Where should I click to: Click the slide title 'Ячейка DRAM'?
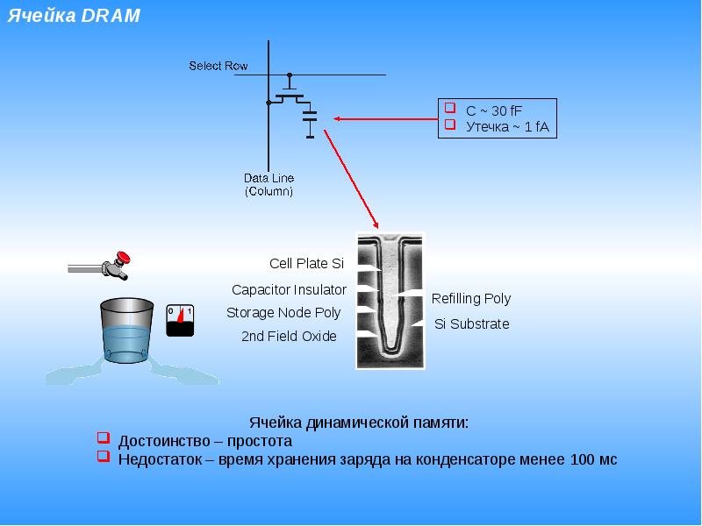pos(74,16)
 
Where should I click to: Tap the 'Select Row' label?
pos(218,66)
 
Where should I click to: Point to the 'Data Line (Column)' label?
pos(269,184)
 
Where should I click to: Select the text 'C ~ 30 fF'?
pos(494,110)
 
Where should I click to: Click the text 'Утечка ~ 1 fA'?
pos(507,126)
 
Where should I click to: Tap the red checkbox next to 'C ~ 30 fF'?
pos(450,108)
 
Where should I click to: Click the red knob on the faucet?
pos(123,257)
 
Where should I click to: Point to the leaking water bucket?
pos(127,331)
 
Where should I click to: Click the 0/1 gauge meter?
pos(180,320)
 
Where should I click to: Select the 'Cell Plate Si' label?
pos(306,264)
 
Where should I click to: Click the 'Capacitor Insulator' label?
pos(289,290)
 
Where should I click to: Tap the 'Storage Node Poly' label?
pos(283,313)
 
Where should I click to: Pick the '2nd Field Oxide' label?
pos(289,336)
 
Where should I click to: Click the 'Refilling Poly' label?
pos(471,298)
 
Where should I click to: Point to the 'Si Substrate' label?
pos(472,323)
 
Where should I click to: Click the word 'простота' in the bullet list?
pos(260,441)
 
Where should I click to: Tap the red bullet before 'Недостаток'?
pos(104,456)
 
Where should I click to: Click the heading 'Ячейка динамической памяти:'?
pos(359,423)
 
